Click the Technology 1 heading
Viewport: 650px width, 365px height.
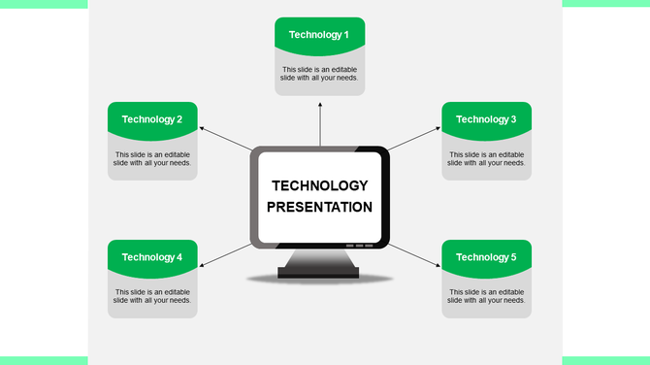tap(319, 35)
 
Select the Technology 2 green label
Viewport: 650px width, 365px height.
tap(152, 119)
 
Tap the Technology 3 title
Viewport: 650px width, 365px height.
tap(486, 119)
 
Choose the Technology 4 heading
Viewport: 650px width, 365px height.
tap(152, 257)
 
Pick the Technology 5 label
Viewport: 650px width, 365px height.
tap(486, 257)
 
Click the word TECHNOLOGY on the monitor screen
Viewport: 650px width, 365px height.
tap(319, 185)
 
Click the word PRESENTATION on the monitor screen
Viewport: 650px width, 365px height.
tap(319, 207)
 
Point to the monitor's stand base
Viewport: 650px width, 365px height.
tap(319, 272)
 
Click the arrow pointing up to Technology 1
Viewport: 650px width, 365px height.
tap(320, 121)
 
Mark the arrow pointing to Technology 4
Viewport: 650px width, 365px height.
tap(225, 255)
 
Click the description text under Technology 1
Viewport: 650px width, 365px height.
tap(319, 74)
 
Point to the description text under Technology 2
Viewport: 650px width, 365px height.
tap(152, 158)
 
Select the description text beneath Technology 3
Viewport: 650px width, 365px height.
tap(486, 158)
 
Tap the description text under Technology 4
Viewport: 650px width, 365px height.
tap(152, 296)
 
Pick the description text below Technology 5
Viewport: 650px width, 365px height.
tap(486, 296)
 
